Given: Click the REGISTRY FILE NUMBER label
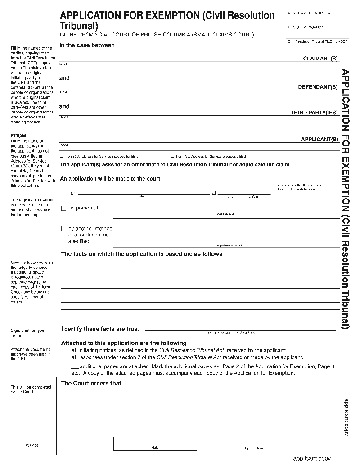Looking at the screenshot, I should click(309, 14).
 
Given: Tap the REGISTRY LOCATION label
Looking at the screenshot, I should click(306, 27).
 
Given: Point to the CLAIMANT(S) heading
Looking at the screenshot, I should click(320, 59).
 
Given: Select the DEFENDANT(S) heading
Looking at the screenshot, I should click(318, 87).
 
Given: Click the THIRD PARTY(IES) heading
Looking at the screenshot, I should click(314, 113).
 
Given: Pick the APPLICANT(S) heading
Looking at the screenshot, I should click(319, 140).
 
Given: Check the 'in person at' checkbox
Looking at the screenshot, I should click(64, 208).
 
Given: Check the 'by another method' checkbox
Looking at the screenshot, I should click(64, 229).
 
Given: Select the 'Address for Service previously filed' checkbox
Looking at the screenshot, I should click(172, 156).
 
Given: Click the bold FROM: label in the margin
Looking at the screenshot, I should click(19, 136).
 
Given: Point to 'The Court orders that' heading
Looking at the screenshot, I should click(91, 384).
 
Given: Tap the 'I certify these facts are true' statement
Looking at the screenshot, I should click(100, 329).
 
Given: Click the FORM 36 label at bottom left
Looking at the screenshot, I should click(31, 445).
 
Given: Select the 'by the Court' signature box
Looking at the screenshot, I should click(254, 443).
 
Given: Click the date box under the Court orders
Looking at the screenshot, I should click(155, 443).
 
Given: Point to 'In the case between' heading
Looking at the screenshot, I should click(87, 45).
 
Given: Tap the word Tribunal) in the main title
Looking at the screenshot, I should click(79, 26).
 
